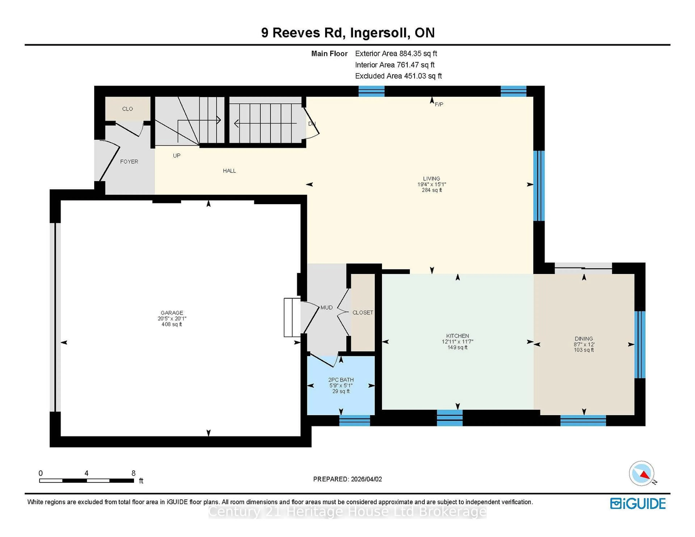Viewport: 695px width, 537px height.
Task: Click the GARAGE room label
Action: click(x=172, y=313)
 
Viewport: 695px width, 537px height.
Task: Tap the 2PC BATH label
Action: click(x=341, y=380)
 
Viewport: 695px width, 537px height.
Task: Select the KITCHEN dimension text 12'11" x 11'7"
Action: click(x=457, y=342)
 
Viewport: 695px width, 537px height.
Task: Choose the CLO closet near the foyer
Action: click(x=127, y=109)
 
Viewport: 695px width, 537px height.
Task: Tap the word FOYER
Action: click(x=129, y=162)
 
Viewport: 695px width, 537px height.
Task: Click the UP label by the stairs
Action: click(x=177, y=156)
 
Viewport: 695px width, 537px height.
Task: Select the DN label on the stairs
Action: click(x=311, y=124)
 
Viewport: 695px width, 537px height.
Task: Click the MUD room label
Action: click(x=327, y=308)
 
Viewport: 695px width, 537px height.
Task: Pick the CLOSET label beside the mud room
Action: click(x=363, y=313)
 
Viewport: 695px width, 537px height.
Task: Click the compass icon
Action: click(x=641, y=473)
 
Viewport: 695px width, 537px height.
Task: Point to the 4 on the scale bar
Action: click(x=86, y=473)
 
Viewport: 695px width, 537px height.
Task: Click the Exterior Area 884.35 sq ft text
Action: click(x=396, y=53)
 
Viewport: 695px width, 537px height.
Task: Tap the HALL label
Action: click(x=229, y=171)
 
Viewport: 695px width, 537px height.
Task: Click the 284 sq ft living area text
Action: click(x=431, y=190)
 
